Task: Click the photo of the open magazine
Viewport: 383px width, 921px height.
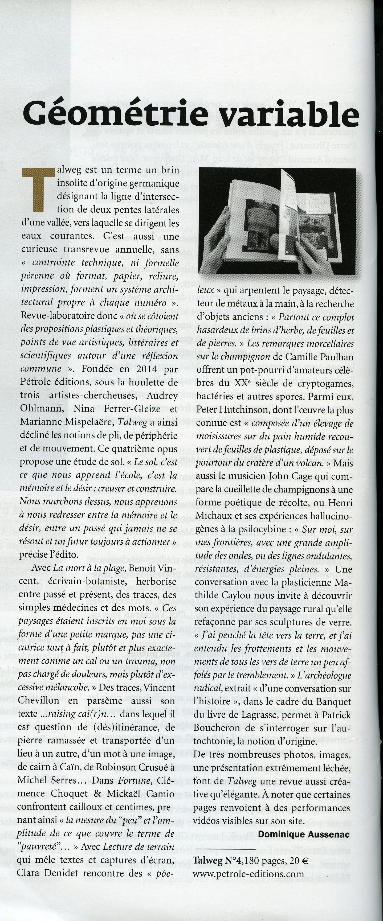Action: point(278,221)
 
